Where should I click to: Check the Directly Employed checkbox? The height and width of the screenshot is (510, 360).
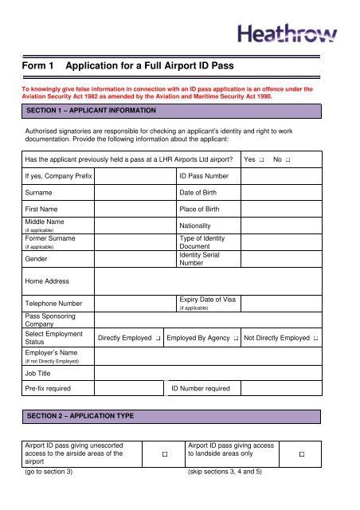pos(159,339)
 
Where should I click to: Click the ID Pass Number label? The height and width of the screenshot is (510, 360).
pos(204,176)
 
